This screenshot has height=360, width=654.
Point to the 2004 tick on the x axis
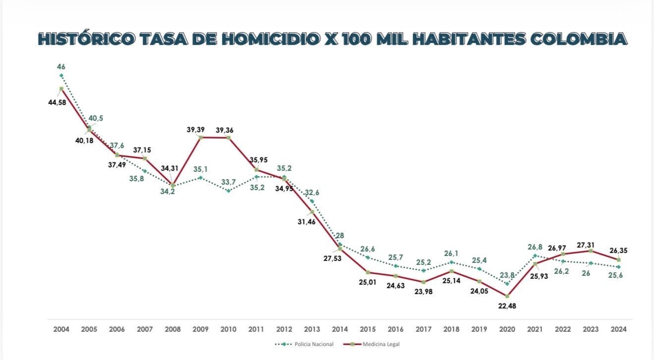point(61,329)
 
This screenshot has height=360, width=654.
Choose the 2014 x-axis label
point(340,329)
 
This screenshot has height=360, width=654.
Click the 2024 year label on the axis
point(618,329)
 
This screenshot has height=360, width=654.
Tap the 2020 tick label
point(507,329)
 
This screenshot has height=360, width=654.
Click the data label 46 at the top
point(61,66)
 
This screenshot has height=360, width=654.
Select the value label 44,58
point(57,103)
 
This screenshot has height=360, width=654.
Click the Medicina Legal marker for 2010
point(228,137)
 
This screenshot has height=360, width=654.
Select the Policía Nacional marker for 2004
point(61,76)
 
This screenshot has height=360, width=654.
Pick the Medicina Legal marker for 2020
point(507,296)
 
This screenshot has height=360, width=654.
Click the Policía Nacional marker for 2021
point(535,256)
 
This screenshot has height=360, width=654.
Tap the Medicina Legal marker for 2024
point(618,260)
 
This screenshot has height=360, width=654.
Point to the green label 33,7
point(228,182)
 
